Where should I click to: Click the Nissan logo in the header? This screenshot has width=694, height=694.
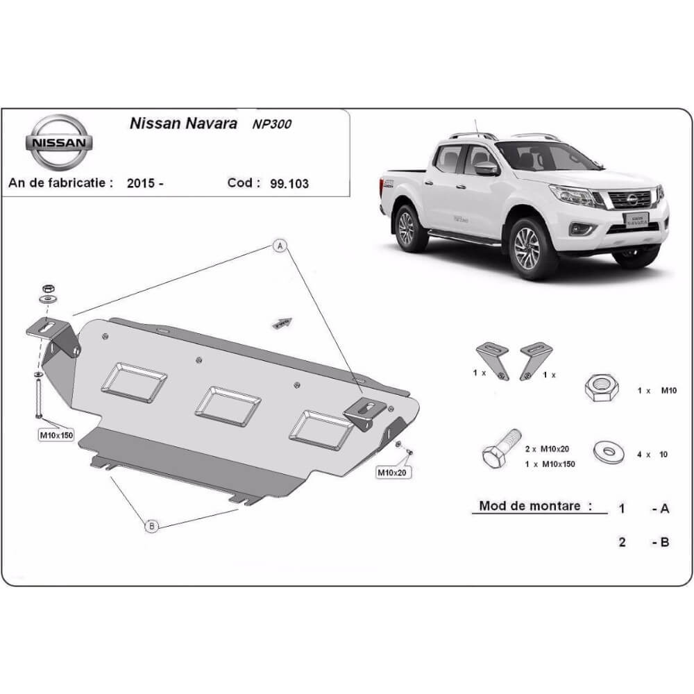pos(59,142)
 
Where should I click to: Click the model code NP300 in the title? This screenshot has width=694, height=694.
pos(272,124)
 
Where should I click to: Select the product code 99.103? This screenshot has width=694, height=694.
pos(290,184)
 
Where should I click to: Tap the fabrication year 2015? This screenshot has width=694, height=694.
pos(142,184)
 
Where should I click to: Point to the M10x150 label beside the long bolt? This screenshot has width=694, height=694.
pos(56,435)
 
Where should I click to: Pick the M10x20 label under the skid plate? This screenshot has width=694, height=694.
pos(392,473)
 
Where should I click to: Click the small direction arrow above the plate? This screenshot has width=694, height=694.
pos(281,323)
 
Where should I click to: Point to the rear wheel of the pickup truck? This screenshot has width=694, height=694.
pos(410,227)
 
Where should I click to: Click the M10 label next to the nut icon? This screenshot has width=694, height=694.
pos(667,391)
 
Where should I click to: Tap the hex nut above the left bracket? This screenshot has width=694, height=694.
pos(48,288)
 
